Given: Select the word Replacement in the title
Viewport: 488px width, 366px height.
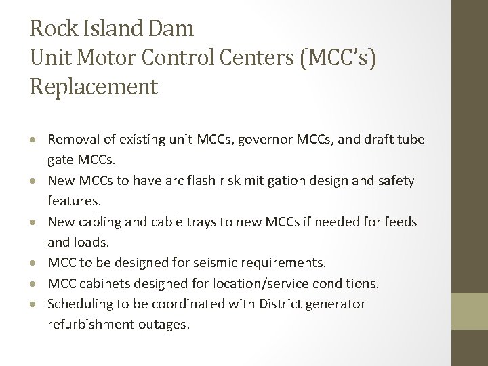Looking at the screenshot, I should tap(94, 86).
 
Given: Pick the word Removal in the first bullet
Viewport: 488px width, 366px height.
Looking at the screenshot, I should tap(74, 140).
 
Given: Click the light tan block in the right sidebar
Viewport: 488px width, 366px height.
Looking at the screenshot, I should tap(470, 311).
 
